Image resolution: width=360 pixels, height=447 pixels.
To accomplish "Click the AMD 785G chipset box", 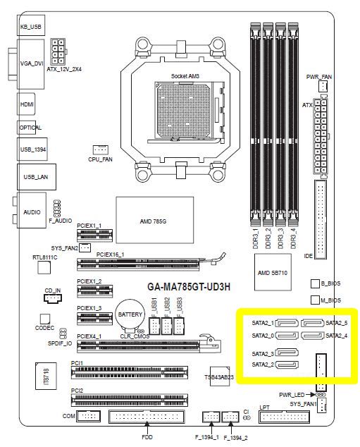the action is pos(155,221).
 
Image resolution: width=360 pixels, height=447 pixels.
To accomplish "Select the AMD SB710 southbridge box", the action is pos(273,272).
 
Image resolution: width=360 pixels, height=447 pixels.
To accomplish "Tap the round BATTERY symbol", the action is pos(130,314).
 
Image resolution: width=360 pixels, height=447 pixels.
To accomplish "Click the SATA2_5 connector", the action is pos(312,324).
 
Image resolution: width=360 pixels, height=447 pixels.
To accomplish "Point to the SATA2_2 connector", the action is pos(287,365).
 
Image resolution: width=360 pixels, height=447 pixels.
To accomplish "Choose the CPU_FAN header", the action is pos(101,149).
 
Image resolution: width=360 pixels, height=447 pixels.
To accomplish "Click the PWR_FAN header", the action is pos(323,85).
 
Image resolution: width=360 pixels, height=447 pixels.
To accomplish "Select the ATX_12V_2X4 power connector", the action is pos(58,52).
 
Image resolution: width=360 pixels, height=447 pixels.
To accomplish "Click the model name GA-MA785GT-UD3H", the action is pos(189,286).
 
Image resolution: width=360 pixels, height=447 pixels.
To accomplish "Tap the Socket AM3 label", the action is pos(185,76).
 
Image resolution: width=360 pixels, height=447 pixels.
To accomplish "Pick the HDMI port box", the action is pos(26,104).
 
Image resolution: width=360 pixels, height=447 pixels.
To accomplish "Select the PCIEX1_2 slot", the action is pos(94,290).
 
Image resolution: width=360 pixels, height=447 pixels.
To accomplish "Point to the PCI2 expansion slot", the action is pos(130,400).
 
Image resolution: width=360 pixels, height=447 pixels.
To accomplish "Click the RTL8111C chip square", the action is pos(44,268).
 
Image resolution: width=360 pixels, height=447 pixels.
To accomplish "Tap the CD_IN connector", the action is pos(53,298).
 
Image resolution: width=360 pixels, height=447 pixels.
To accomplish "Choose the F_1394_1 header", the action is pos(211,417).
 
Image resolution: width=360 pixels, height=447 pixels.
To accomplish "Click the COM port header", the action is pos(89,416).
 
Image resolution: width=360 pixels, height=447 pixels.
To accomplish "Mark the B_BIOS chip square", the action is pos(315,283).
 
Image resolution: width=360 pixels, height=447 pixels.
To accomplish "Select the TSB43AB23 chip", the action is pos(220,376).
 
